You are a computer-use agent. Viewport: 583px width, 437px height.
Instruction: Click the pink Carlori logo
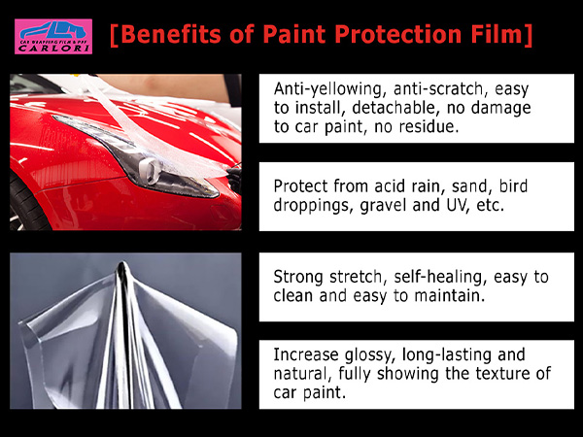pyautogui.click(x=53, y=37)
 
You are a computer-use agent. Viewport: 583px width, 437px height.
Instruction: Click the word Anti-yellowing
pyautogui.click(x=327, y=89)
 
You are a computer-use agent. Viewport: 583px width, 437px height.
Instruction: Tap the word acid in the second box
pyautogui.click(x=388, y=186)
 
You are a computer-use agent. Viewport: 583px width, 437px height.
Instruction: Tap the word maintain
pyautogui.click(x=450, y=296)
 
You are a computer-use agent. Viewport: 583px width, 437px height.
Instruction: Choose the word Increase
pyautogui.click(x=306, y=354)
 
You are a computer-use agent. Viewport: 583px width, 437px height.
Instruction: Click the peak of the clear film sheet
pyautogui.click(x=122, y=263)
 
